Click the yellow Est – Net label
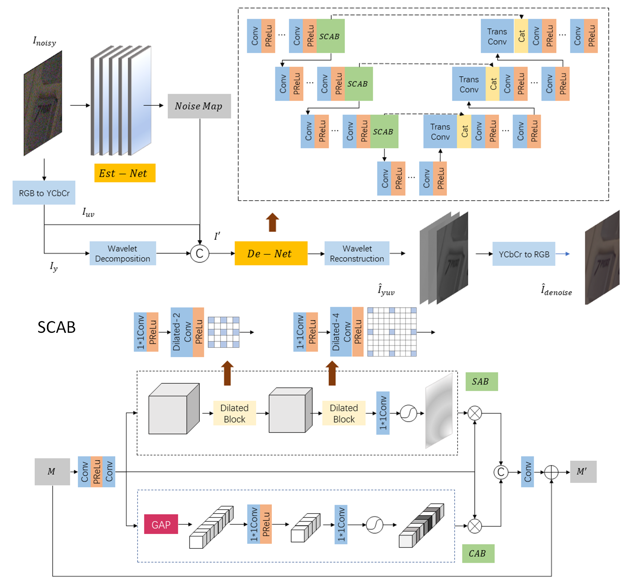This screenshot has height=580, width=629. pos(125,173)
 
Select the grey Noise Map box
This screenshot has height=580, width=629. pos(199,106)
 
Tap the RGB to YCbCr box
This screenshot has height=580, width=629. pos(44,193)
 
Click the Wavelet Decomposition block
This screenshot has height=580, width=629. pos(123,253)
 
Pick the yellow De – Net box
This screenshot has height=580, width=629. pos(271,253)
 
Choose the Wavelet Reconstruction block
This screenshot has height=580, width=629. pos(357,253)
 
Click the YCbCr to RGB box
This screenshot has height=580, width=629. pos(524,254)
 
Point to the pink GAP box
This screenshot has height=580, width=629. pos(161,525)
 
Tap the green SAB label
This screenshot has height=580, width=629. pos(481,382)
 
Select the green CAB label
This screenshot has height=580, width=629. pos(478,554)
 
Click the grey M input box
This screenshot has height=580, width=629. pos(52,472)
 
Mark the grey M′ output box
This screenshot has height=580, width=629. pos(583,472)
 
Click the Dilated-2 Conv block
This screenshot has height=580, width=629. pos(182,332)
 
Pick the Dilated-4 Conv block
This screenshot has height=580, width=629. pos(341,332)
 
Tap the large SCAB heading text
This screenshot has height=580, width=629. pos(57,327)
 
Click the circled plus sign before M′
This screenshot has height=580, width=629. pos(551,472)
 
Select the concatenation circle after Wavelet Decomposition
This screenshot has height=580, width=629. pos(200,253)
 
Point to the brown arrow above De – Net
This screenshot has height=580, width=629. pos(272,222)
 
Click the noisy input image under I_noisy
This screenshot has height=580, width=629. pos(43,103)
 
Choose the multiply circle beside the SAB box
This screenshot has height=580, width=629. pos(475,413)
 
